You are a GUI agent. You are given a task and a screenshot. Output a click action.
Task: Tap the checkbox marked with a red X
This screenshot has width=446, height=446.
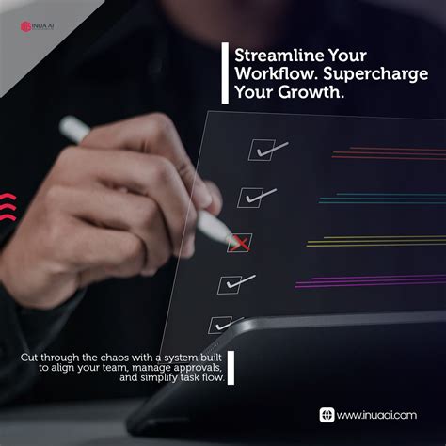coord(240,243)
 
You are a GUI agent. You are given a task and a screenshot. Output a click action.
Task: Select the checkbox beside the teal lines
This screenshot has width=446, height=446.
coord(249,197)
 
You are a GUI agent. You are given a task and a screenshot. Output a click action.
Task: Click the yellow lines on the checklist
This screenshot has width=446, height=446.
coord(376,241)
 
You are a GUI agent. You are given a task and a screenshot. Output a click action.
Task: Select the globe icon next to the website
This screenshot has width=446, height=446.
coord(327,414)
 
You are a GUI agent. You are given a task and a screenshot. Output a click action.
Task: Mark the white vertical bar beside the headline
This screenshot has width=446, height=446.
coord(225,72)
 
